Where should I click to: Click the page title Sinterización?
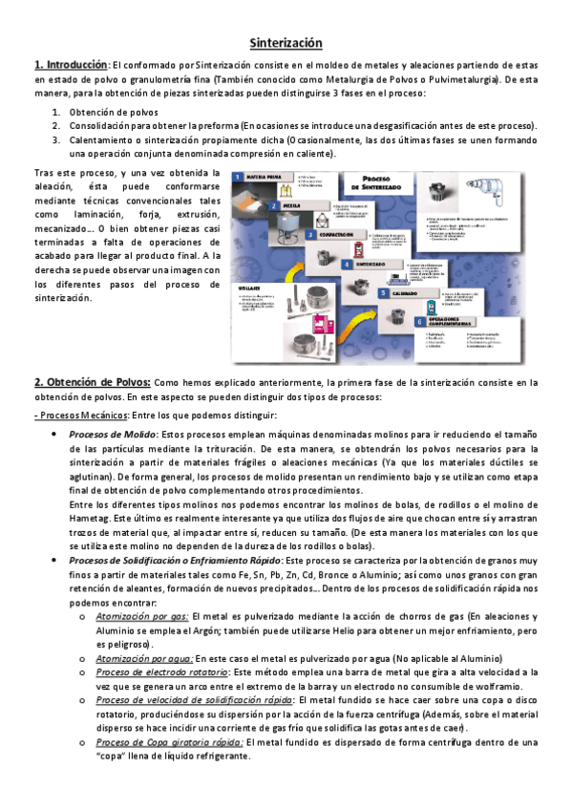(286, 43)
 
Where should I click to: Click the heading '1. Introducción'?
(71, 64)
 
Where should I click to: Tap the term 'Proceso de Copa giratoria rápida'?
(169, 741)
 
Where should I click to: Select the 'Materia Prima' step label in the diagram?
(264, 178)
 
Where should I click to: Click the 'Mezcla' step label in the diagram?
(288, 205)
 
